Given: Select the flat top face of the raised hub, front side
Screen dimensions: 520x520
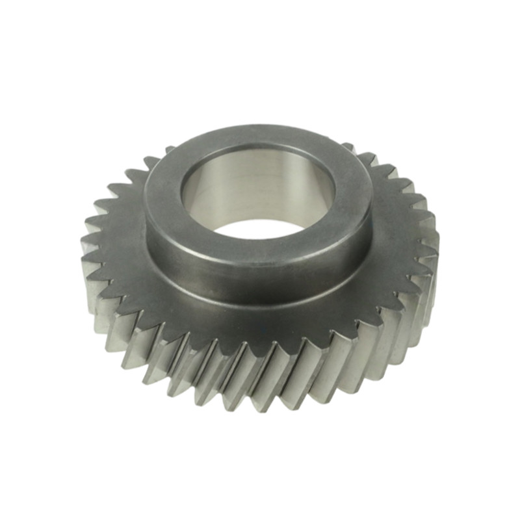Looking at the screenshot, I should tap(260, 250).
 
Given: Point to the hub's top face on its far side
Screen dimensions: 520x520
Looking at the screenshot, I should tap(260, 135).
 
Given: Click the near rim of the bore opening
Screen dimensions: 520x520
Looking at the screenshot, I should tap(260, 239).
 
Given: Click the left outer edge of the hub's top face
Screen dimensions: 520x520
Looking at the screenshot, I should tap(146, 195).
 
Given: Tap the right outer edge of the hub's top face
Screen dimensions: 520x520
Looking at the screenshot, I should tap(372, 195).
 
